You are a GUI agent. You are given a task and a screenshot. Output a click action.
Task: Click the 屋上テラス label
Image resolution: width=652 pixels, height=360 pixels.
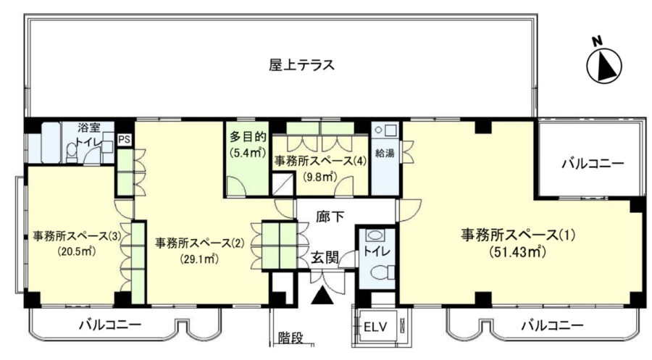301,65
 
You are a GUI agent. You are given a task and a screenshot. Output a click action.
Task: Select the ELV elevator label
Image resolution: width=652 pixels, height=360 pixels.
375,327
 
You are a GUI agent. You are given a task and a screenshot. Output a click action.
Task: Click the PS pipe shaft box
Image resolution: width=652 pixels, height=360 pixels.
125,139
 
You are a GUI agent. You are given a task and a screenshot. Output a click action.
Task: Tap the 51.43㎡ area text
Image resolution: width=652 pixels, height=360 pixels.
517,251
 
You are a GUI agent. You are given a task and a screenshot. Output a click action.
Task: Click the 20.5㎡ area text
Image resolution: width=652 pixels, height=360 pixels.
77,251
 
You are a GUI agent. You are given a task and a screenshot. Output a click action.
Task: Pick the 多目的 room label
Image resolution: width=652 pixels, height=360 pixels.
248,137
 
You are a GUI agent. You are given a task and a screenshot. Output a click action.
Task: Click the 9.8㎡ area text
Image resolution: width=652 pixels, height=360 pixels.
319,177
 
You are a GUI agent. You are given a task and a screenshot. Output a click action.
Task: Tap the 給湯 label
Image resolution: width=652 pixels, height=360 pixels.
385,153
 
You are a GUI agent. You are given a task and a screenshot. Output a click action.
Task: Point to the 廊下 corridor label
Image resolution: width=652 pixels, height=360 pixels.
330,217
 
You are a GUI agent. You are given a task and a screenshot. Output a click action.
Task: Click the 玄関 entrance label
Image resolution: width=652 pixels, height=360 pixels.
325,258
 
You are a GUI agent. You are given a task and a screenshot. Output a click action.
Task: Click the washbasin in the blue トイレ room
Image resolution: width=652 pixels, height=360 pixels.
375,235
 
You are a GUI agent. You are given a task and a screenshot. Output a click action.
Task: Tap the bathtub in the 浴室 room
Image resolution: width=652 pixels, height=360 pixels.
51,142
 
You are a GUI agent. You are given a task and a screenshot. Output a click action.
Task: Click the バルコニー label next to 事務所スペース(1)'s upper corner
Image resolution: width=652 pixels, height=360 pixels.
593,164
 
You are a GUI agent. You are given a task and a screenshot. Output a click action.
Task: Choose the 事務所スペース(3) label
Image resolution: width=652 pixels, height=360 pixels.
77,237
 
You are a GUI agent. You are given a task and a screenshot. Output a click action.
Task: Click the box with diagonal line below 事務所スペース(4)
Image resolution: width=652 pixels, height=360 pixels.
283,184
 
